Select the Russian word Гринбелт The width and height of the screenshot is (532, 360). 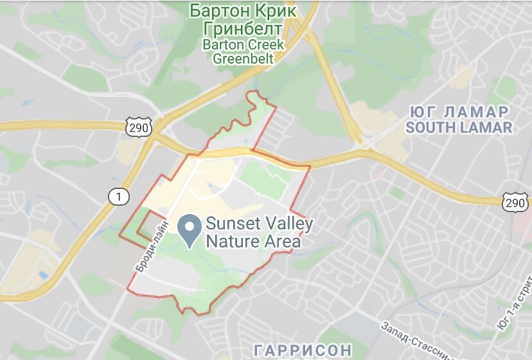[242, 29]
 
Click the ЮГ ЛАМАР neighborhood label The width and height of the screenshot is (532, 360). [458, 111]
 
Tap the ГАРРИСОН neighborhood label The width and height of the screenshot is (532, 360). [303, 350]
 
